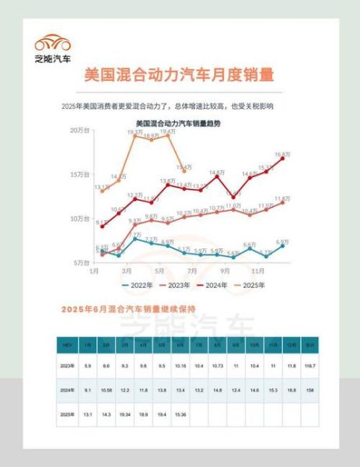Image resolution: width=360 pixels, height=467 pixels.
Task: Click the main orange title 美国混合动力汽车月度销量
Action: tap(180, 76)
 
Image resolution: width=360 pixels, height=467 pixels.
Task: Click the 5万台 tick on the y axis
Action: tap(81, 262)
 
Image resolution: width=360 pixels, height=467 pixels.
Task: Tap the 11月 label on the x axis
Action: tap(257, 271)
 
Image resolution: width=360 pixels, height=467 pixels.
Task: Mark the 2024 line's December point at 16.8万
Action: tap(281, 159)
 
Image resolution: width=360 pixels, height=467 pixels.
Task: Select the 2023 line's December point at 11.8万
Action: tap(281, 202)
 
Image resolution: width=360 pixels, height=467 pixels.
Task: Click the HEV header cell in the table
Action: tap(68, 344)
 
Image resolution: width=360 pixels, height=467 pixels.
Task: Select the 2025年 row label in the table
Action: tap(68, 415)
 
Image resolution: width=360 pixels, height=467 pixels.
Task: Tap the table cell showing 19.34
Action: tap(124, 415)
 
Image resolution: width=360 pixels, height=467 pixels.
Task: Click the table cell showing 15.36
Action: tap(180, 415)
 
